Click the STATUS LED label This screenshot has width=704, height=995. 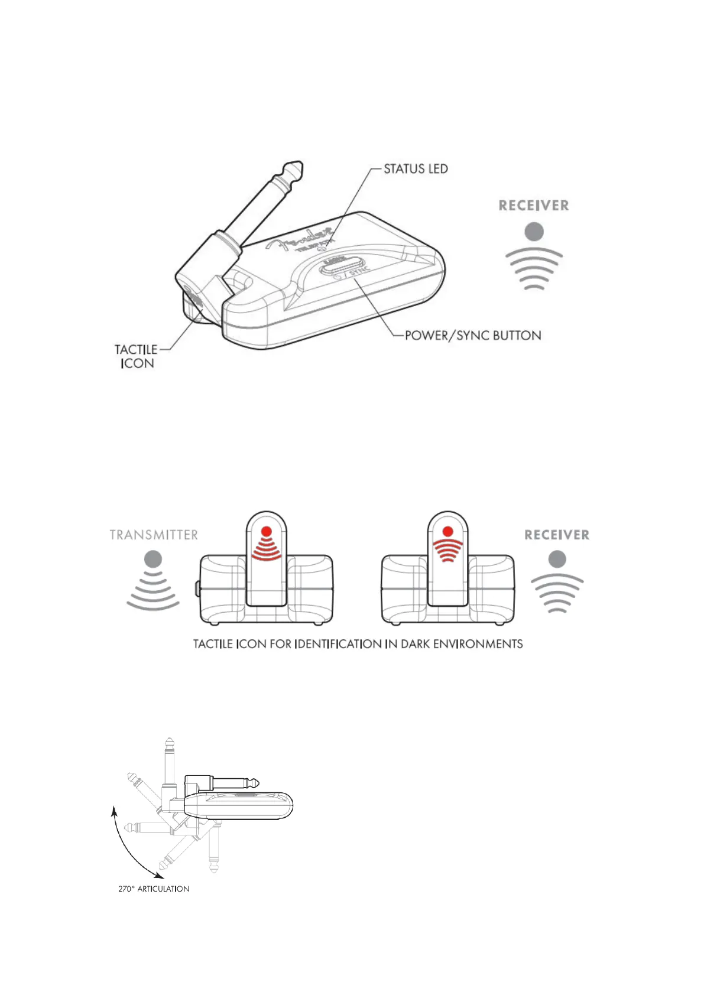[x=416, y=169]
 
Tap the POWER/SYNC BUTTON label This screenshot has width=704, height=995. [x=473, y=336]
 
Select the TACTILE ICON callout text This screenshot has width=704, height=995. [x=137, y=356]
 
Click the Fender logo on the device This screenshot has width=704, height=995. [x=301, y=239]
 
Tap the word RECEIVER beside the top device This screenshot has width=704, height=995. [x=534, y=206]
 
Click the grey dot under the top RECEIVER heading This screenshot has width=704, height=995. [x=534, y=232]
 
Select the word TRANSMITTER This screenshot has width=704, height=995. [x=154, y=535]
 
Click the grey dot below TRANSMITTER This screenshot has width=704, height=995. [x=153, y=558]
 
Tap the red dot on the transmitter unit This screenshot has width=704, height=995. [x=267, y=531]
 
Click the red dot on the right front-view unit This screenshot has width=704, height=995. [x=447, y=531]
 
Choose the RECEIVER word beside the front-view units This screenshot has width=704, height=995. [x=557, y=535]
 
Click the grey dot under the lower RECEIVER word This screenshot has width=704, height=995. [x=557, y=558]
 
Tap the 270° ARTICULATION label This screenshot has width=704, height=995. [x=154, y=889]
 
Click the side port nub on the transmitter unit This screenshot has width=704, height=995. [x=197, y=588]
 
